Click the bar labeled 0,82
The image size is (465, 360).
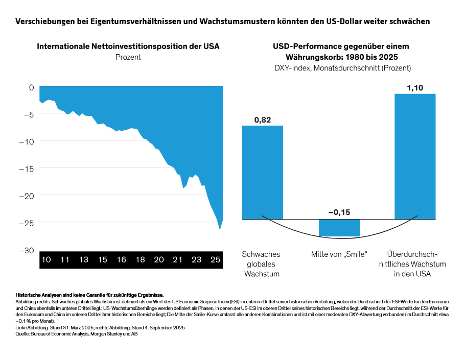262,172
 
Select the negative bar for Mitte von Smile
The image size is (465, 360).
339,228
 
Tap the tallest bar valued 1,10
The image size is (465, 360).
415,156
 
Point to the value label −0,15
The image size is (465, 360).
339,212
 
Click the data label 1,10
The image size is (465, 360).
415,87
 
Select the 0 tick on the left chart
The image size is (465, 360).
31,87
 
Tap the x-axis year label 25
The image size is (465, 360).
215,260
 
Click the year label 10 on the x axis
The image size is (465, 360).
46,260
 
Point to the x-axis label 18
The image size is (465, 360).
140,260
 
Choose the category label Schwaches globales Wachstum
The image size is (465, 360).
261,263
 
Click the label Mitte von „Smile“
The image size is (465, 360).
339,254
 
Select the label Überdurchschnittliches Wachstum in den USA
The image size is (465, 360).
416,263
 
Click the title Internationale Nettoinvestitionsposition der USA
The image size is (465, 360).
128,46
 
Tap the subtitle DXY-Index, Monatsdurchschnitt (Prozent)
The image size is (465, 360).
340,67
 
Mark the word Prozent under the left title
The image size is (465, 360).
128,57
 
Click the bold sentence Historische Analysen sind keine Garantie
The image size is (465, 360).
89,295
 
